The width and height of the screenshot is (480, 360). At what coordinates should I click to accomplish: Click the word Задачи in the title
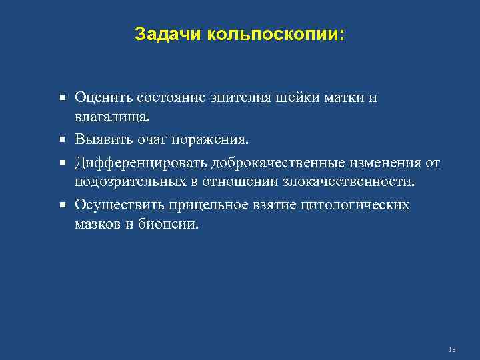161,34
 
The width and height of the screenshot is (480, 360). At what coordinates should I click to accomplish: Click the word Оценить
103,98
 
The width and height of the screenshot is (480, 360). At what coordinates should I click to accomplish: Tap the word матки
341,98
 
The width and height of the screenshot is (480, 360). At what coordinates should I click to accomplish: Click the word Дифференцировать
141,162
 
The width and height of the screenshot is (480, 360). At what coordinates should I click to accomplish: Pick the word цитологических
356,205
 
